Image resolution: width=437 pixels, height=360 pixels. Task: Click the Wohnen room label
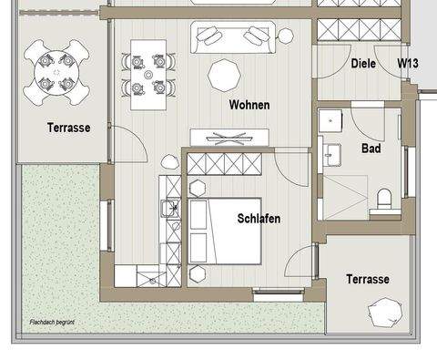tap(249, 105)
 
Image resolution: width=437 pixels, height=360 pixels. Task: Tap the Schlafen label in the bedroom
tap(259, 219)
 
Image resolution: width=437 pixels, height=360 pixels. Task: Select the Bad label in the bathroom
tap(371, 149)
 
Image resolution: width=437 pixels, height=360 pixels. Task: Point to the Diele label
tap(363, 64)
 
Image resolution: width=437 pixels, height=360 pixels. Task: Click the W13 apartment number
tap(408, 63)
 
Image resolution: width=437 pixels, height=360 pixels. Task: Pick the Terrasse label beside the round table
tap(69, 128)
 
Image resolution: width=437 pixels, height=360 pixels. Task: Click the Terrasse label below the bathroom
tap(368, 279)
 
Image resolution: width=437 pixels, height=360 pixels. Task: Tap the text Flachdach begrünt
tap(52, 322)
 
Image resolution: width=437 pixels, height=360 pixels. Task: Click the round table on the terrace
tap(56, 72)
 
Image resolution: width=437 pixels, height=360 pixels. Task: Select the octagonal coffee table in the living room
tap(225, 76)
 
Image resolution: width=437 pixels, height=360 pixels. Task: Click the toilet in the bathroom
tap(384, 200)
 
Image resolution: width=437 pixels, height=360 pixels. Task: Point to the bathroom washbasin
tap(331, 155)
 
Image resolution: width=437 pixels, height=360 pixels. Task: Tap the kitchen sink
tap(170, 208)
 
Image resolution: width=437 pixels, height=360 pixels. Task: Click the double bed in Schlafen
tap(225, 231)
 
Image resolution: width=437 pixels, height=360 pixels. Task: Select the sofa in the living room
tap(233, 37)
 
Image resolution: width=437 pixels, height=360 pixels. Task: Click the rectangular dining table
tap(148, 75)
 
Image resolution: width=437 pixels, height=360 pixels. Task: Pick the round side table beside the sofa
tap(285, 36)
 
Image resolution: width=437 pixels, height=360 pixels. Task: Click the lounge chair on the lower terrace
tap(385, 313)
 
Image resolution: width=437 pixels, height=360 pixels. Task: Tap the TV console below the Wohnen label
tap(229, 138)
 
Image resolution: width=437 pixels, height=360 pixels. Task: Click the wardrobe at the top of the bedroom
tap(225, 164)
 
